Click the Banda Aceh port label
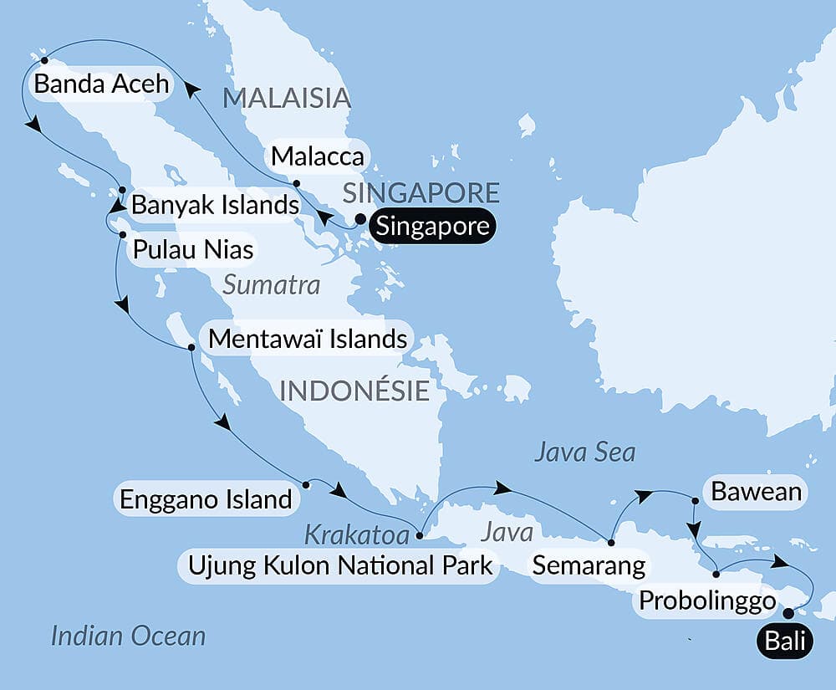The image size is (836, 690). tap(100, 84)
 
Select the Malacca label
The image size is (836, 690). tap(317, 156)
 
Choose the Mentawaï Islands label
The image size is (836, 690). tap(308, 339)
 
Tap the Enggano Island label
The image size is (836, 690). tap(206, 500)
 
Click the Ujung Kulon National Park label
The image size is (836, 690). tap(337, 566)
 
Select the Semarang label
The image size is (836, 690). tap(589, 565)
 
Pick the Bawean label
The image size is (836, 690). tap(756, 492)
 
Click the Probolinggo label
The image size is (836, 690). tap(706, 601)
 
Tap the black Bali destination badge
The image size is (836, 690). tap(783, 641)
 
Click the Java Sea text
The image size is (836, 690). tap(584, 452)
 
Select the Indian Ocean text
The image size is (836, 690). tap(128, 636)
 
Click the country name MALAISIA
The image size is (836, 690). tap(286, 98)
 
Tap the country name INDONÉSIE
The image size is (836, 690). tap(354, 390)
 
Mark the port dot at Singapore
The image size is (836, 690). tap(360, 220)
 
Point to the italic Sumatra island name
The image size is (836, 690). tap(272, 285)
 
